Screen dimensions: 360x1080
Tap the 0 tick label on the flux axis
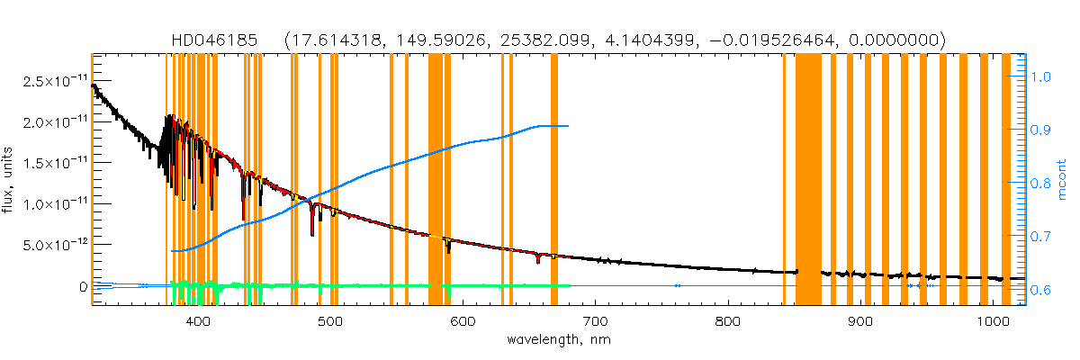click(x=83, y=286)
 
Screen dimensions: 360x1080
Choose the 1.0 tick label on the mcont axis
click(x=1040, y=77)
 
